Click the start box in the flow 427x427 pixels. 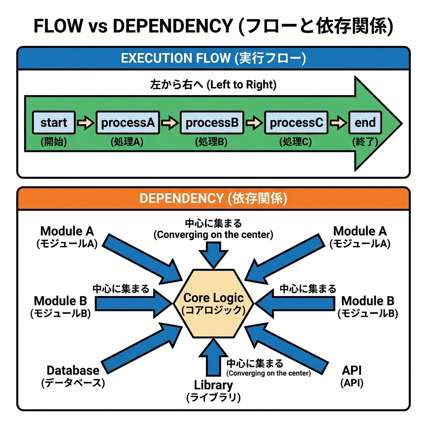click(54, 123)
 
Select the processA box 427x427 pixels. click(128, 123)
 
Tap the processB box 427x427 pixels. click(212, 123)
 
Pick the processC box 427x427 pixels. click(296, 123)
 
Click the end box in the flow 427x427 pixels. click(365, 123)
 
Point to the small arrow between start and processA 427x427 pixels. click(85, 123)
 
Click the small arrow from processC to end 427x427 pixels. click(338, 123)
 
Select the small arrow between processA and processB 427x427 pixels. click(169, 123)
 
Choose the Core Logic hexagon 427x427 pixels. click(213, 303)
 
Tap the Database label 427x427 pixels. click(73, 370)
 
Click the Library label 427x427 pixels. click(213, 385)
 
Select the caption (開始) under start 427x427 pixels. click(54, 142)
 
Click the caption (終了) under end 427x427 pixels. click(365, 142)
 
